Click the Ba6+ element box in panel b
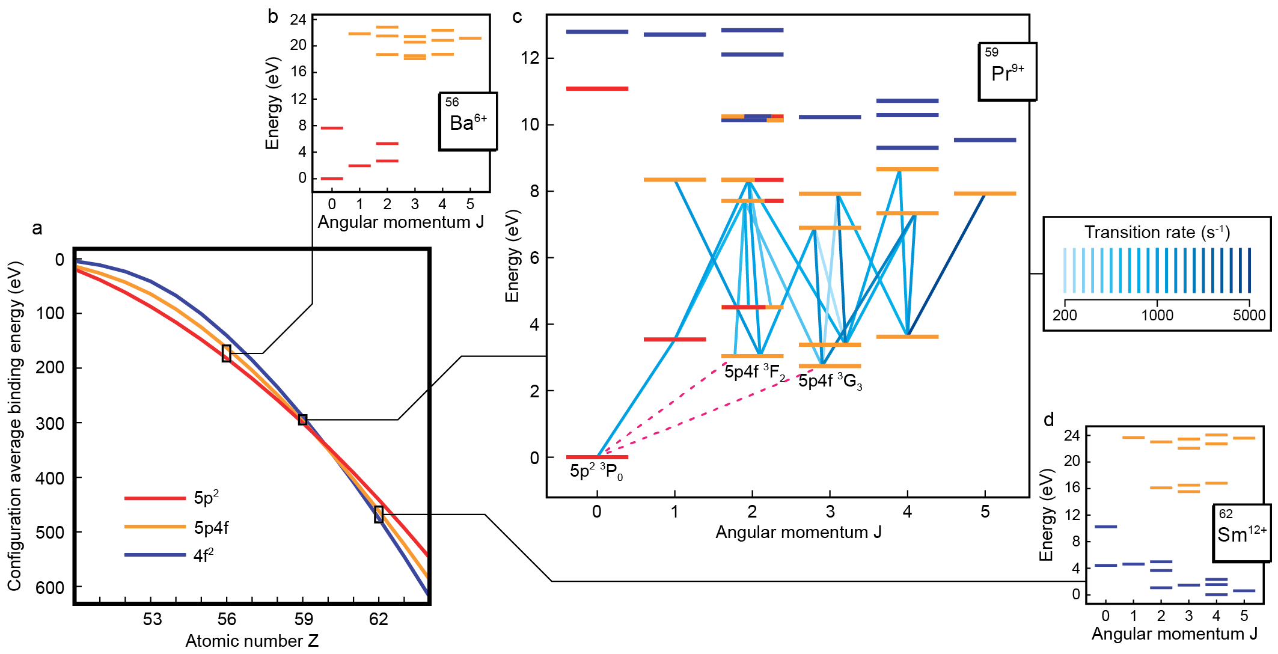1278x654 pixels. pos(468,121)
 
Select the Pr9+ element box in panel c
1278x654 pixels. pos(1007,72)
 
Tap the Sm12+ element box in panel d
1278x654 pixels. pos(1241,533)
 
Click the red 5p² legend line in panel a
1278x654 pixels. pos(154,498)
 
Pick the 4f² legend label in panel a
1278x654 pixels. pos(203,555)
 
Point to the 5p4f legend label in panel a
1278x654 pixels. pos(210,528)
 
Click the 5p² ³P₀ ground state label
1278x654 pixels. pos(596,471)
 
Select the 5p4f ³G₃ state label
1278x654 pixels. pos(830,381)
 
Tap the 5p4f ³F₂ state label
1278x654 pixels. pos(754,372)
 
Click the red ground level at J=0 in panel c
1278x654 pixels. pos(597,457)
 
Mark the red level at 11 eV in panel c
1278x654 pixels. pos(597,88)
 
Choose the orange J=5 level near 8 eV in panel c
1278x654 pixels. pos(985,194)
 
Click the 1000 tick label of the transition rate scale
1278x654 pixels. pos(1157,315)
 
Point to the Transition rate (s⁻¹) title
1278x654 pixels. pos(1157,232)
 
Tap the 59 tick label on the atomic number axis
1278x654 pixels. pos(304,619)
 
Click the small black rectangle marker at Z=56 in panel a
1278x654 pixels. pos(226,353)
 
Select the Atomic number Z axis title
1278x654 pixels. pos(251,641)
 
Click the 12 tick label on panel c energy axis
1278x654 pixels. pos(530,58)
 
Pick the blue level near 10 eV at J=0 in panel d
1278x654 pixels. pos(1105,527)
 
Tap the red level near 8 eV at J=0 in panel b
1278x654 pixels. pos(332,128)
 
